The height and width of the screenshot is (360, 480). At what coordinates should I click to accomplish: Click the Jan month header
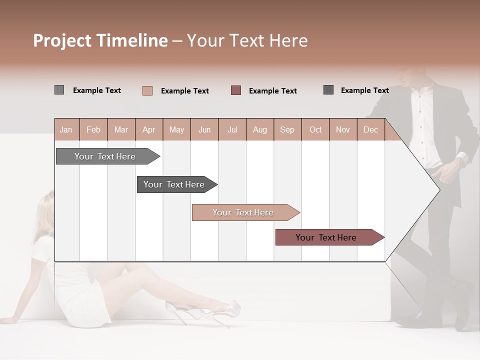(x=66, y=130)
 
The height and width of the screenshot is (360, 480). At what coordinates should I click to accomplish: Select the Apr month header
(x=148, y=130)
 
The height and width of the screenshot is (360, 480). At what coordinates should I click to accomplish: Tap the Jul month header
(x=232, y=130)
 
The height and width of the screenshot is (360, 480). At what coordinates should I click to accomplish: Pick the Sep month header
(x=287, y=130)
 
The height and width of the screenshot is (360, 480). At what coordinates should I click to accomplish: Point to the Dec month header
(x=370, y=130)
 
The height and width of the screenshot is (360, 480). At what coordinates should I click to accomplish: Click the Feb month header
(x=93, y=130)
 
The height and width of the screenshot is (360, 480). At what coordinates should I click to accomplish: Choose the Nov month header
(x=342, y=130)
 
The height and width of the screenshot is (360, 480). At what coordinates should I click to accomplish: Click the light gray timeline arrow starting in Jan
(x=105, y=156)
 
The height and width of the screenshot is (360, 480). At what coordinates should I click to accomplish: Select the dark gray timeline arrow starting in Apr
(x=174, y=184)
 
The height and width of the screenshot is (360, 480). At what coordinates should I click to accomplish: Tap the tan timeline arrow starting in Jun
(x=243, y=212)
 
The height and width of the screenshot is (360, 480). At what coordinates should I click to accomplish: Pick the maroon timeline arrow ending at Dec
(x=326, y=237)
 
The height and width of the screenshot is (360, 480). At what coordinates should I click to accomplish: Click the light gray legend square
(x=59, y=90)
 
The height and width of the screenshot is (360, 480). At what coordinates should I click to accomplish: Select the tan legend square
(x=147, y=90)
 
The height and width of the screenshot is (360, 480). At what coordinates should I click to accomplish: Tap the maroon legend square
(x=236, y=90)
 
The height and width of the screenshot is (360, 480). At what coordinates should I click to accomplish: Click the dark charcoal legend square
(x=328, y=90)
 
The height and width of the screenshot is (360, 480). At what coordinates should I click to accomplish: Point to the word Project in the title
(x=62, y=40)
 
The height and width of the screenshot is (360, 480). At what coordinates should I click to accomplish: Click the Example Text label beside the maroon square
(x=272, y=91)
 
